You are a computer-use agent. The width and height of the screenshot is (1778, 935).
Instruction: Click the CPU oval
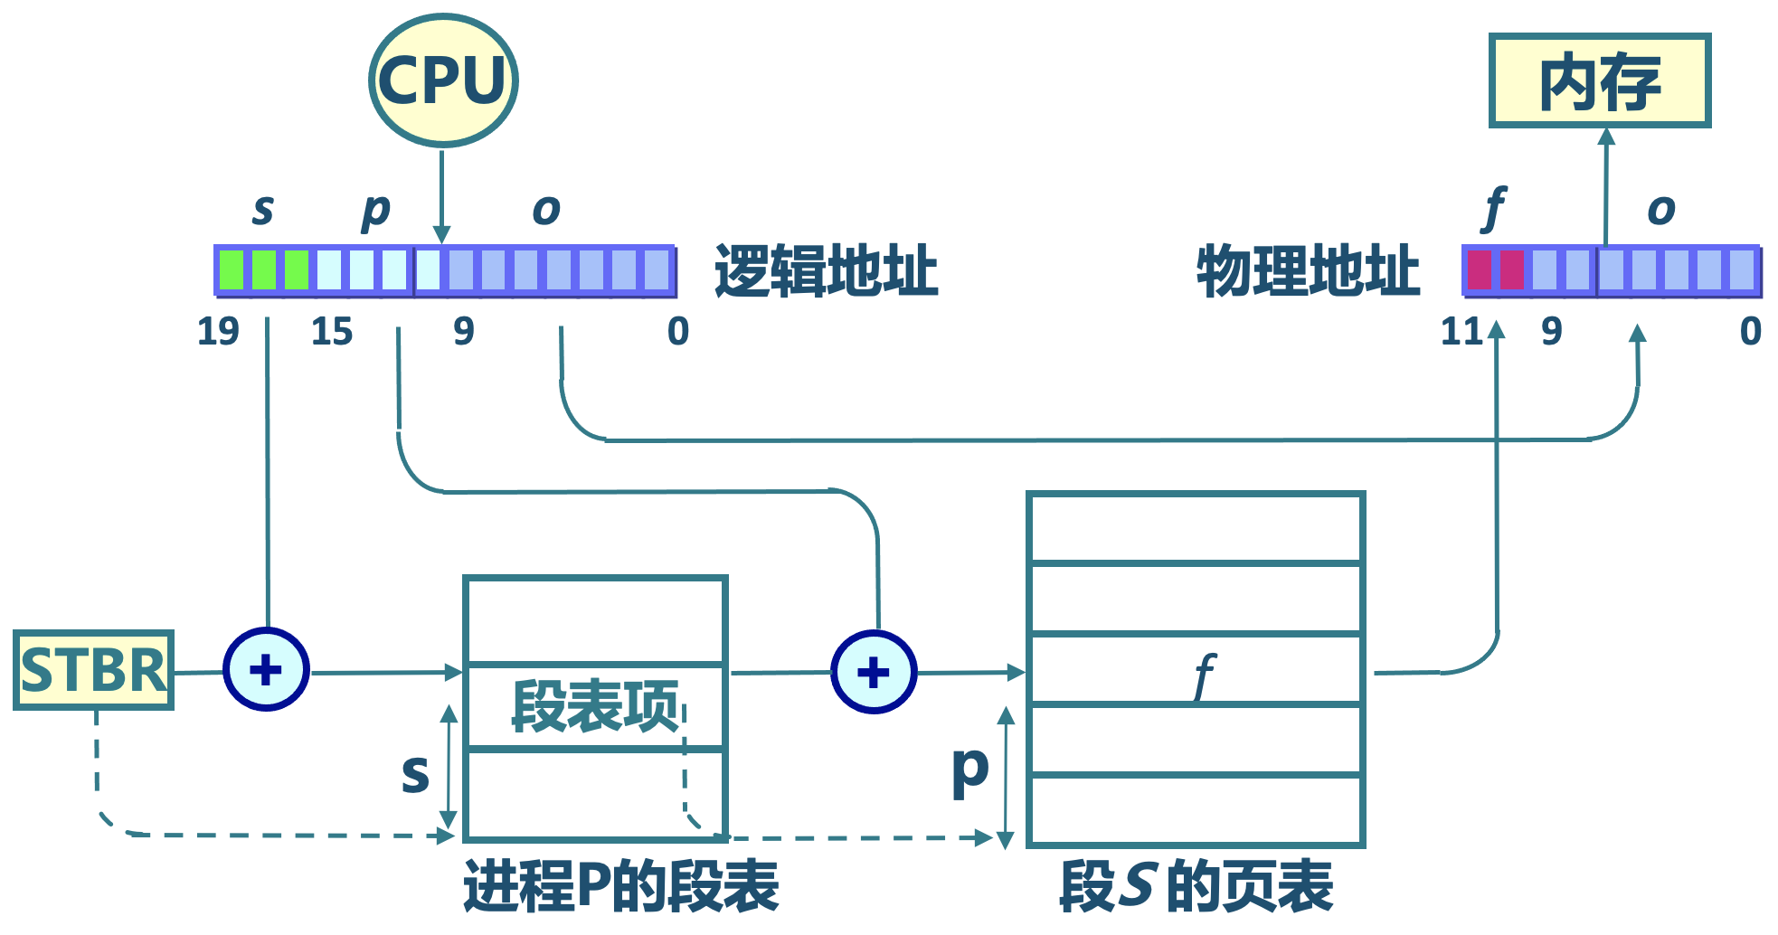point(443,80)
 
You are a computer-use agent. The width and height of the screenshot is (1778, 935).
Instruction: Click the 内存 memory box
point(1599,81)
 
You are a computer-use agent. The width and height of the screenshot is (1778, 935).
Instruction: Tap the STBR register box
point(94,670)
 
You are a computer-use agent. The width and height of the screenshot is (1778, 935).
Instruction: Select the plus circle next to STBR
point(266,670)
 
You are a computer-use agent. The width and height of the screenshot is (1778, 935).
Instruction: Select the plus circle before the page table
point(874,672)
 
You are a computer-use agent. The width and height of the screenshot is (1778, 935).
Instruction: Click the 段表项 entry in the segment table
point(595,706)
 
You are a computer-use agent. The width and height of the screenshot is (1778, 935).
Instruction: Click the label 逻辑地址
point(826,270)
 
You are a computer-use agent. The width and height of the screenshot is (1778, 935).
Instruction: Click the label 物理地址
point(1308,270)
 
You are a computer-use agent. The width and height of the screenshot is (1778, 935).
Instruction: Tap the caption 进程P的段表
point(621,886)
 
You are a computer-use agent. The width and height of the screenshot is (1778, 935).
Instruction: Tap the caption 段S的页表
point(1196,886)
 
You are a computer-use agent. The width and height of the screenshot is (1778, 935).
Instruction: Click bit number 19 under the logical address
point(218,332)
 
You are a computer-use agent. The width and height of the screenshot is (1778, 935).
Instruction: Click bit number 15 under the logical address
point(332,332)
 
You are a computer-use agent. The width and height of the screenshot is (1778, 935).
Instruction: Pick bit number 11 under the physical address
point(1461,332)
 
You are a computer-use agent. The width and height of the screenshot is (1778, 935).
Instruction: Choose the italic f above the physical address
point(1494,209)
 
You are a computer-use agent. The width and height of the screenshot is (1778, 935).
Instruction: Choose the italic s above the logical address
point(262,210)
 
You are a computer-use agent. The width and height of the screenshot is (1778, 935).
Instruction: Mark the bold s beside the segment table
point(415,773)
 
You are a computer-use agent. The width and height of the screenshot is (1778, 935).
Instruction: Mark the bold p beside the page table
point(969,770)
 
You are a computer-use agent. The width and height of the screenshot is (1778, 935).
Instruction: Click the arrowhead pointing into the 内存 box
point(1606,137)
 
